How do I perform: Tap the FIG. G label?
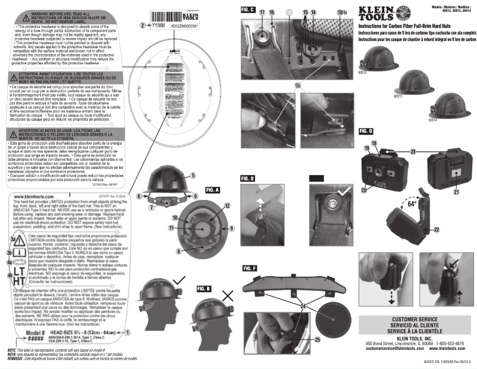pyautogui.click(x=366, y=130)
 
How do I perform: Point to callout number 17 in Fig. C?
pyautogui.click(x=262, y=12)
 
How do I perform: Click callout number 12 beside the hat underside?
pyautogui.click(x=227, y=205)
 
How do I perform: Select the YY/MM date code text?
pyautogui.click(x=158, y=26)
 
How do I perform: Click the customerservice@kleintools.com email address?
pyautogui.click(x=390, y=348)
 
